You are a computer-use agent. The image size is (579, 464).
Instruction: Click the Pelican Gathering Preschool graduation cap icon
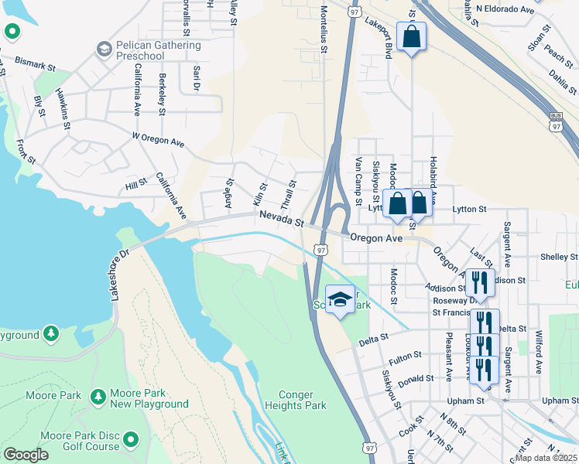coord(104,50)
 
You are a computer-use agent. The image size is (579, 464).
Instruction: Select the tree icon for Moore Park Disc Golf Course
coord(131,441)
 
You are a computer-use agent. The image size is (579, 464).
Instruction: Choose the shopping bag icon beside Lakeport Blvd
coord(411,36)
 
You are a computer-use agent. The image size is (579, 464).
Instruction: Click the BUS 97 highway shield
coord(555,120)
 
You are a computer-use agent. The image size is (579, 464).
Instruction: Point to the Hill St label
coord(136,185)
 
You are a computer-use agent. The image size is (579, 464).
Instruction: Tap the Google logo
coord(26,455)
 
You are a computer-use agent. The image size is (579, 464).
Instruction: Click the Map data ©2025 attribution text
coord(546,458)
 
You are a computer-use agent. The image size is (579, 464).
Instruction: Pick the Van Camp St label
coord(358,181)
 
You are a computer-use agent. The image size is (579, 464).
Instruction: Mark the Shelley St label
coord(559,257)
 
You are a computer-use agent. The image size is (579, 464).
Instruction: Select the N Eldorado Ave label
coord(505,9)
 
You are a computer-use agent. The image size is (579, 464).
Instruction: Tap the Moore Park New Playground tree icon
coord(98,397)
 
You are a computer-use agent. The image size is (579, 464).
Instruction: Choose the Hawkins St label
coord(63,108)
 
